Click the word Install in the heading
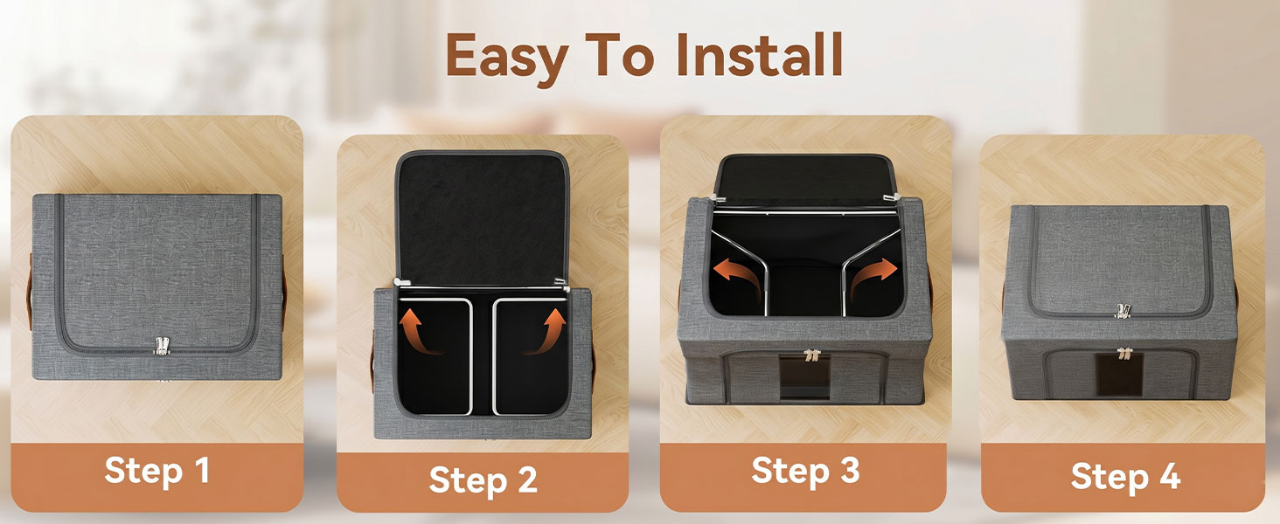click(x=760, y=54)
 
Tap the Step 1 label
click(x=157, y=472)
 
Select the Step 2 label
click(x=483, y=479)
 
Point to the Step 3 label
click(x=806, y=471)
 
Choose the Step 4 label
click(x=1126, y=476)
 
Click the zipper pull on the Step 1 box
click(x=163, y=345)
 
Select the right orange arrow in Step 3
click(x=875, y=276)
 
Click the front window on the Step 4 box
click(x=1119, y=375)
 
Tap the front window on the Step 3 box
click(x=805, y=376)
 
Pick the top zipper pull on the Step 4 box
click(x=1123, y=311)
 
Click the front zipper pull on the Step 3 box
click(x=810, y=355)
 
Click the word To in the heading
click(x=620, y=55)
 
